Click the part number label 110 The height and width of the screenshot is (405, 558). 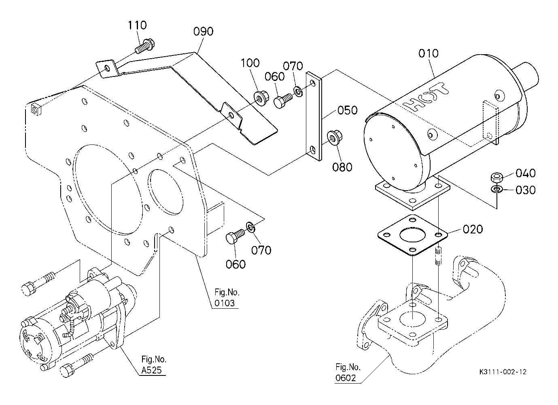[137, 25]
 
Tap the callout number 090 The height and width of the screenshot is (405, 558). [203, 32]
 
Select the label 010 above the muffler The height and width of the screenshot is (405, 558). [428, 53]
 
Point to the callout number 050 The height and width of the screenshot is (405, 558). [348, 110]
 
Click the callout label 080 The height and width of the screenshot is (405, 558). [342, 167]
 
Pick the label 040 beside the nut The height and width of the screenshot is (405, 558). [525, 173]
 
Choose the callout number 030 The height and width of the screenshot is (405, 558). [525, 190]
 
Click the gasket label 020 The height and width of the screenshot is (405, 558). [473, 229]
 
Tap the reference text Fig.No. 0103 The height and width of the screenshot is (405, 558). [227, 298]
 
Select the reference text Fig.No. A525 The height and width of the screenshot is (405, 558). [154, 365]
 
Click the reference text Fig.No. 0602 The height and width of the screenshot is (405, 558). [348, 373]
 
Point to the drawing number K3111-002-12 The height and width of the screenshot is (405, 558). [503, 372]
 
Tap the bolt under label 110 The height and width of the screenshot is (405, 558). [145, 47]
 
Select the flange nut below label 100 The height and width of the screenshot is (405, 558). [261, 98]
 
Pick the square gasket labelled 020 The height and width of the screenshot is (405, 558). [412, 235]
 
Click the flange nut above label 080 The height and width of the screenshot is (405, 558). [335, 137]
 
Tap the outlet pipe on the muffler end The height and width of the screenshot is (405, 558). [526, 76]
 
